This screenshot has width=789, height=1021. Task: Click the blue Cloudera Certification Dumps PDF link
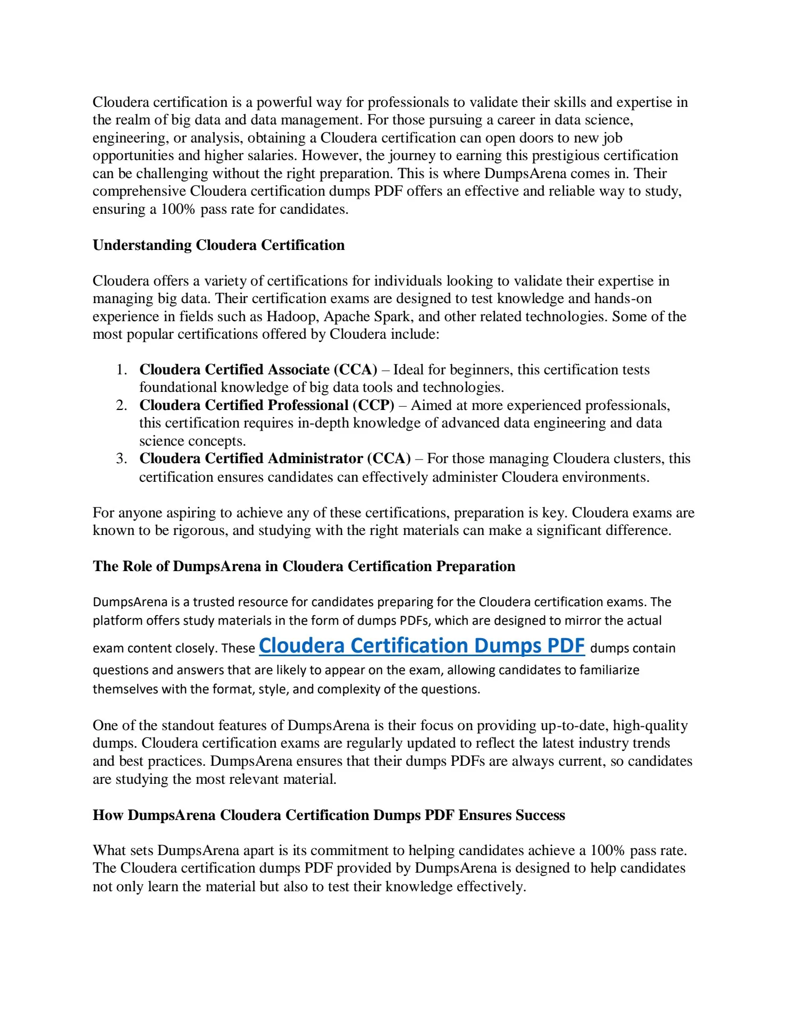(x=422, y=646)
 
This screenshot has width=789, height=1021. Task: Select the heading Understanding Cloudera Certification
(x=219, y=245)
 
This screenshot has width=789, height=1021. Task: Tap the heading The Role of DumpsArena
(x=304, y=566)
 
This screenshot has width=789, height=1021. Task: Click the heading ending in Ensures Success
(x=329, y=815)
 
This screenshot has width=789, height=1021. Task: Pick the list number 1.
(x=122, y=370)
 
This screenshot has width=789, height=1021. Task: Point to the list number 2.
(x=122, y=405)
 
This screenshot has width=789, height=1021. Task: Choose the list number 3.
(x=122, y=458)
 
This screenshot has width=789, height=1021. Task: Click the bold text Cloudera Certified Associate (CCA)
(x=258, y=370)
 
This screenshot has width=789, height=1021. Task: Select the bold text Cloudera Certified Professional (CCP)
(x=267, y=405)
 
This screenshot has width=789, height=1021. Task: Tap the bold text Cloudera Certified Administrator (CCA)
(x=275, y=458)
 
